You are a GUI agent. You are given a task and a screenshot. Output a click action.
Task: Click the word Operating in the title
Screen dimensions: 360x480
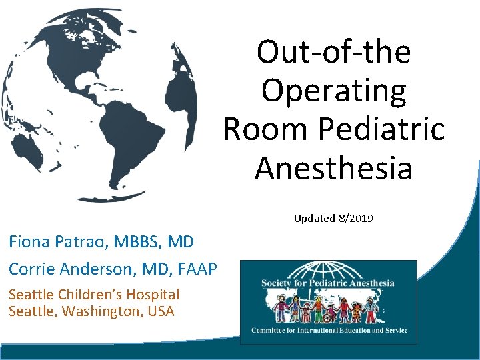click(333, 91)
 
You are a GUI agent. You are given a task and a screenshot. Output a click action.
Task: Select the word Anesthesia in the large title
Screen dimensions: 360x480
click(333, 168)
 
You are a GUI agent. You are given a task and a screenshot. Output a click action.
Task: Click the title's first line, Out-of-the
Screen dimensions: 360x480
click(333, 52)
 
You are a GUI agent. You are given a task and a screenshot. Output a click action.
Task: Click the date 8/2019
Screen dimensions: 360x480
click(359, 218)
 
